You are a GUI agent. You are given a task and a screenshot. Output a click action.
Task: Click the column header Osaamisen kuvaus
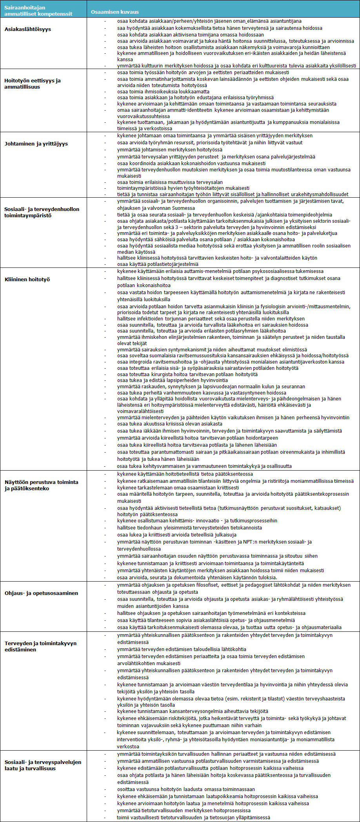coord(115,12)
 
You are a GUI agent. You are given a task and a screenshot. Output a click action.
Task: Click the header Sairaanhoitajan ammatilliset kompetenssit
coord(38,11)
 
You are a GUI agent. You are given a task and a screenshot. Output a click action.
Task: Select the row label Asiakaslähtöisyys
coord(28,29)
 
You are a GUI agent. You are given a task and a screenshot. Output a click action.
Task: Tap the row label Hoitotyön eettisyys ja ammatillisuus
coord(33,84)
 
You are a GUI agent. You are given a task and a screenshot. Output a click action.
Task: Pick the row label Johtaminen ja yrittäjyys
coord(36,144)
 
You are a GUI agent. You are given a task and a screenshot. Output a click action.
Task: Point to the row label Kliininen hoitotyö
coord(27,279)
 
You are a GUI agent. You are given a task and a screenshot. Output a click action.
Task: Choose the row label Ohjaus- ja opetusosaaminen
coord(41,593)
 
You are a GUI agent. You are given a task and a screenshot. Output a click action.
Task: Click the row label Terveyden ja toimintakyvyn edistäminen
coord(40,646)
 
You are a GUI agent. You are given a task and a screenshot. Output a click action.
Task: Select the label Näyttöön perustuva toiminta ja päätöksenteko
coord(41,485)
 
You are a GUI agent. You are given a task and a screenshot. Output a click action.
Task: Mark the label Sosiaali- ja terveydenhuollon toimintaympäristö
coord(42,212)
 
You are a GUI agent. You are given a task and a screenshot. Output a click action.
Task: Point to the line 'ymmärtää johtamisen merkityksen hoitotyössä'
coord(169,149)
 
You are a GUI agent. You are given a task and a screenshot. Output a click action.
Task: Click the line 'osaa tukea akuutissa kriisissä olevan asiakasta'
coord(169,424)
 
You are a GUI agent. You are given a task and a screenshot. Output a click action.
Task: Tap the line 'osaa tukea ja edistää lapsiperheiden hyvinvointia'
coord(172,380)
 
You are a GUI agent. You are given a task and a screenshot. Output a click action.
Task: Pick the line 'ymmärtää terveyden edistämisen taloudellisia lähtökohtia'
coord(182,649)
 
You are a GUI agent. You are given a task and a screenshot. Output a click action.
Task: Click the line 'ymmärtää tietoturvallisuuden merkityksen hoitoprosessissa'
coord(184,810)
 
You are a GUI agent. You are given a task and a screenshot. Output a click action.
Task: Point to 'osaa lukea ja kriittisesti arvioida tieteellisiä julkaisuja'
coord(176,535)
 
